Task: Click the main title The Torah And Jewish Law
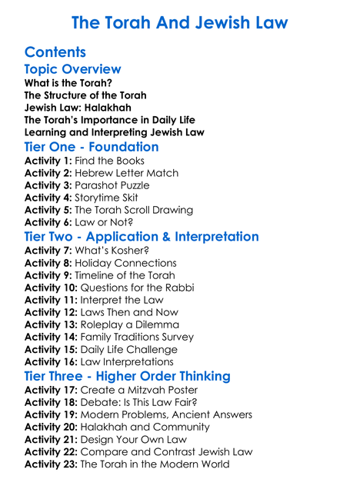pos(179,22)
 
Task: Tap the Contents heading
pos(55,52)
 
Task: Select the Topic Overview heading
pos(72,70)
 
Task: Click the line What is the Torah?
pos(68,83)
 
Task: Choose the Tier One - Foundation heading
pos(92,147)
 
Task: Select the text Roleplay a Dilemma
pos(127,324)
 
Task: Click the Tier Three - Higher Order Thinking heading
pos(127,376)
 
